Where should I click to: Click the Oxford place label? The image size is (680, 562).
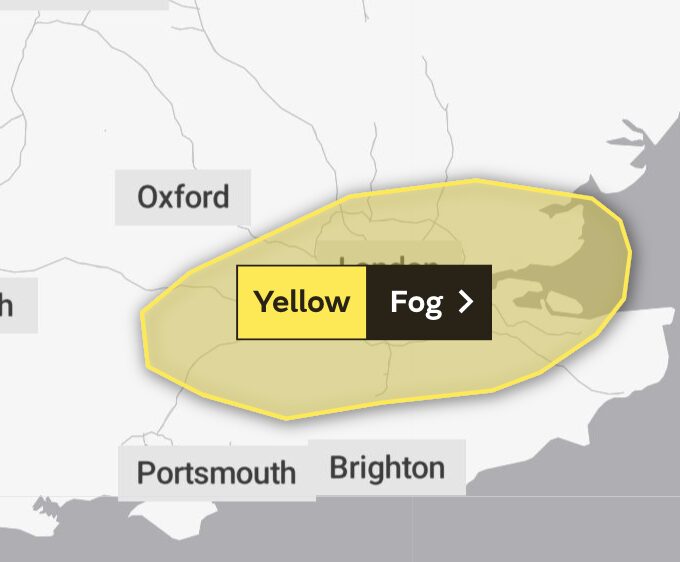point(183,197)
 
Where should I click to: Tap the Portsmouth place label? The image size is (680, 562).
point(216,472)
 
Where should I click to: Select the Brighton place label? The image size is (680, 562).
point(386,467)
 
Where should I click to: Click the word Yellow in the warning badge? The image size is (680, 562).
point(301,302)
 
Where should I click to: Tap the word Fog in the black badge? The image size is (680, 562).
point(416,302)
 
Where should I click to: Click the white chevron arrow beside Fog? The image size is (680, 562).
point(465,302)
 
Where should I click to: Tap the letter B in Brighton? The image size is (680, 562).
point(339,467)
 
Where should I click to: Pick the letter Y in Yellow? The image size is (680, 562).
point(263,302)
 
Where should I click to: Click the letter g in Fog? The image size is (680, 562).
point(434,305)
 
